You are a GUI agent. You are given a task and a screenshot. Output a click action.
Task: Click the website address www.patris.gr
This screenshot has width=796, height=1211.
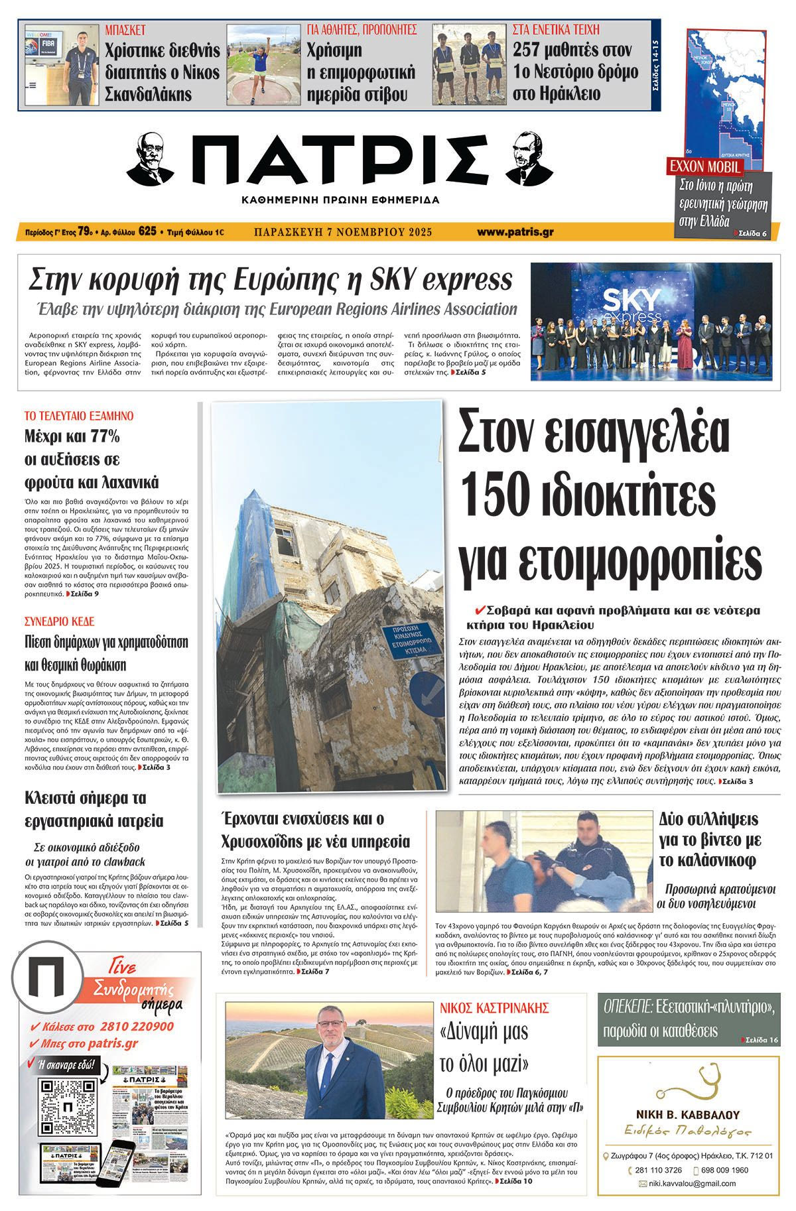pos(515,232)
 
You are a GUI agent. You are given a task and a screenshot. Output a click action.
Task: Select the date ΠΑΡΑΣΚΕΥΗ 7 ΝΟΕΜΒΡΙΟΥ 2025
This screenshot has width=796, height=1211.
pos(343,232)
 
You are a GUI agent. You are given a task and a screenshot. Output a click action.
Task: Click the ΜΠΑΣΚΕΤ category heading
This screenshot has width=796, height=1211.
pos(125,30)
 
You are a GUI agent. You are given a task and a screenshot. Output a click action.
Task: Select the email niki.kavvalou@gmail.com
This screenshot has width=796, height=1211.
pos(692,1183)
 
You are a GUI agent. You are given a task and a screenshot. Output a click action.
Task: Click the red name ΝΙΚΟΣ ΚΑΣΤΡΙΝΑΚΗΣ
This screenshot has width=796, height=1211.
pos(494,1008)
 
